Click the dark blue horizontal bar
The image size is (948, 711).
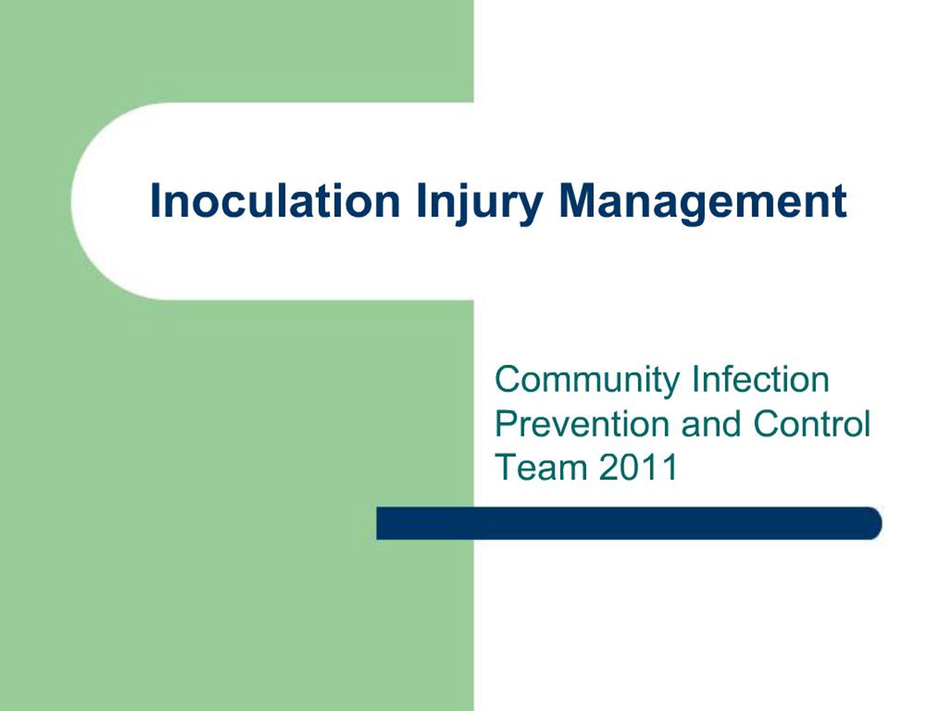click(626, 523)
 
